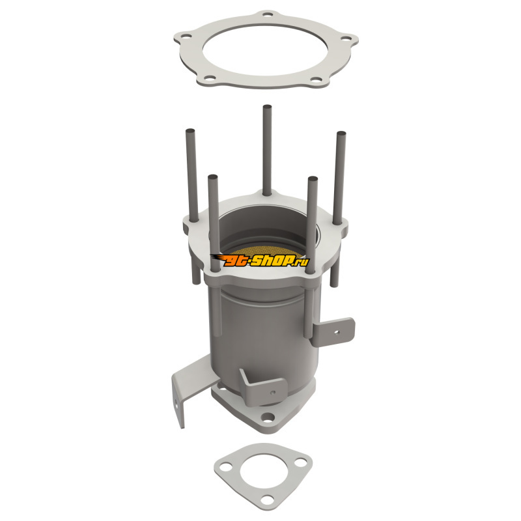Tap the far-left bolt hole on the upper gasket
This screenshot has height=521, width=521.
coord(188,36)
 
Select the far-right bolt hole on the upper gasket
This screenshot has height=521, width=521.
coord(346,38)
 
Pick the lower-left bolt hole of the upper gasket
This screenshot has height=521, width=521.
coord(209,78)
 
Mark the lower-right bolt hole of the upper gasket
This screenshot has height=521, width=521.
coord(317,79)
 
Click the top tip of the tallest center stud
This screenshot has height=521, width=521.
coord(267,107)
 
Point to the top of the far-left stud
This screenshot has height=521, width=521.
coord(190,131)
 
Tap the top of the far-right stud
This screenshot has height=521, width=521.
coord(341,134)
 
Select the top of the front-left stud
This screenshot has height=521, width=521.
coord(213,177)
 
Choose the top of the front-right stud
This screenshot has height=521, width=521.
coord(313,178)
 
